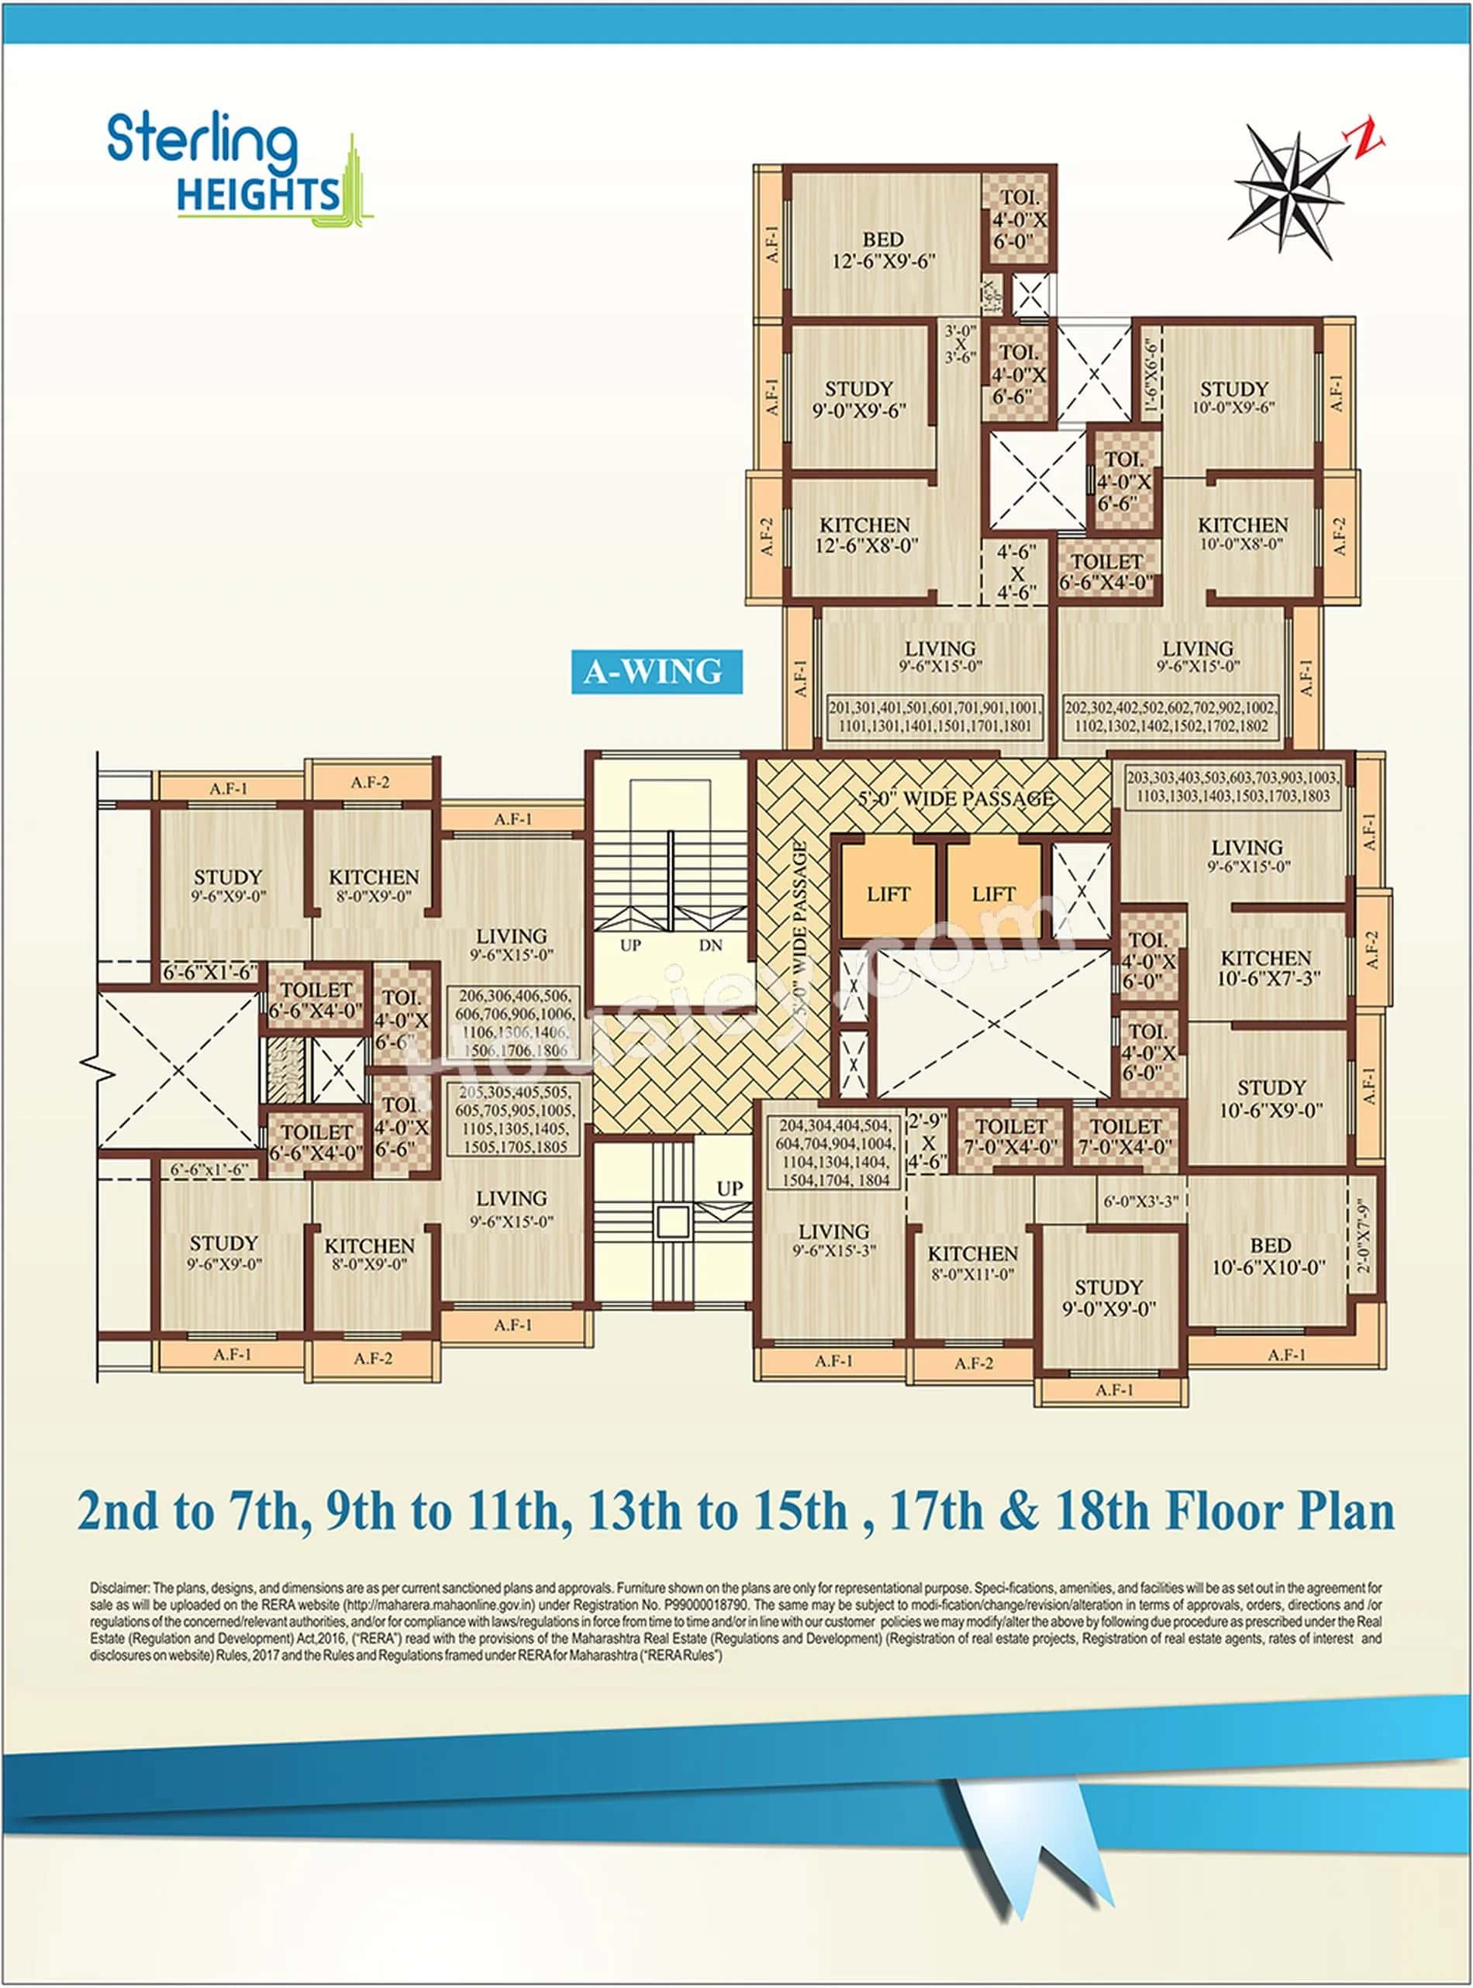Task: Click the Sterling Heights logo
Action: coord(236,167)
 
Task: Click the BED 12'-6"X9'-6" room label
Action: coord(883,250)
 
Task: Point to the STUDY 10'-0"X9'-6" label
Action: coord(1234,398)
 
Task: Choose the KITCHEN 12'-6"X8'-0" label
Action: coord(865,535)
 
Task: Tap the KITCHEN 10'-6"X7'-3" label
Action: coord(1266,968)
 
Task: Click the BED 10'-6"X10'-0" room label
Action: coord(1270,1256)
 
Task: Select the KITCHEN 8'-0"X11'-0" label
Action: coord(973,1263)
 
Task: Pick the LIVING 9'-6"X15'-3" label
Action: coord(833,1240)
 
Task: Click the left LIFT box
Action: coord(888,894)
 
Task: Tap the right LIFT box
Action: coord(993,894)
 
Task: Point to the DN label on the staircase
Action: coord(711,946)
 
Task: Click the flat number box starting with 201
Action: coord(934,717)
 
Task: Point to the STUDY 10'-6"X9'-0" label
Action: coord(1271,1098)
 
